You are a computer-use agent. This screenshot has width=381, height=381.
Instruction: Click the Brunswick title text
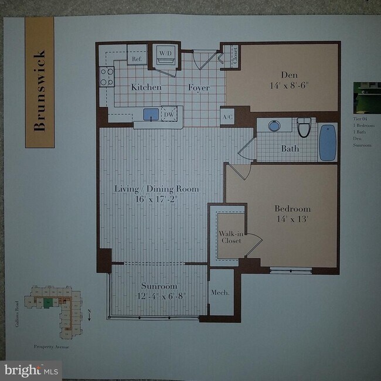point(40,82)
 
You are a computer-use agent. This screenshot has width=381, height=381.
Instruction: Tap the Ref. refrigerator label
point(137,59)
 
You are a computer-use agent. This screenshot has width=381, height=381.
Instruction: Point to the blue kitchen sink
point(151,114)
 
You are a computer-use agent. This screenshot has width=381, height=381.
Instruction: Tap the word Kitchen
point(146,87)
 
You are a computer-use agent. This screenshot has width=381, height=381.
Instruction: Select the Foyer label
point(198,88)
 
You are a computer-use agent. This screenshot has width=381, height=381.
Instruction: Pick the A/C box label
point(228,117)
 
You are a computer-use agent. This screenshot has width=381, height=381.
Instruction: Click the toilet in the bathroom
point(303,128)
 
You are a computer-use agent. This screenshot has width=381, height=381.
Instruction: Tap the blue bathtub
point(327,142)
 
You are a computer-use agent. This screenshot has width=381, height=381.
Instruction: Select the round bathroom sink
point(274,125)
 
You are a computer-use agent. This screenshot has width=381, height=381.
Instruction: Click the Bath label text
point(290,149)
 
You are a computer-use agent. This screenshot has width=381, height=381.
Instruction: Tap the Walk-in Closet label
point(230,237)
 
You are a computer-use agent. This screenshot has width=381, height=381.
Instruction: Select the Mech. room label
point(219,292)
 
